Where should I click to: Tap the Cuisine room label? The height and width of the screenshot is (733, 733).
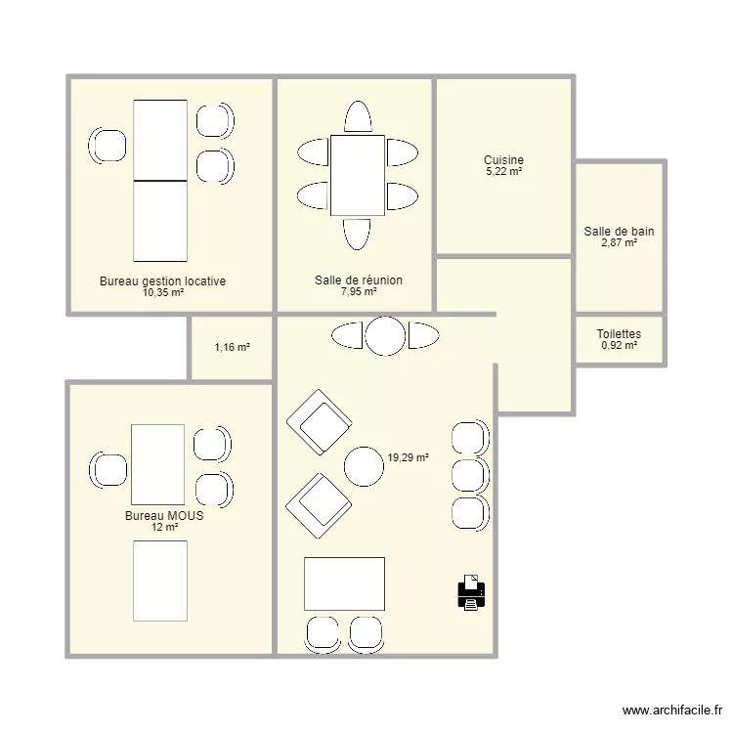pos(503,160)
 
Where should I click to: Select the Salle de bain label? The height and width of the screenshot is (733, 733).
pos(619,232)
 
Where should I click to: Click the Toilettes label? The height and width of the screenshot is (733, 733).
pos(619,334)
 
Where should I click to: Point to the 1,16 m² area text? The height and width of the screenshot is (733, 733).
pos(232,347)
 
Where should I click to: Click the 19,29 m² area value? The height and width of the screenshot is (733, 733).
pos(409,456)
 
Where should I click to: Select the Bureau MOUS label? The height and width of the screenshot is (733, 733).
pos(164,516)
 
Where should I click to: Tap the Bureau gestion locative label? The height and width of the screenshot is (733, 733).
pos(162,281)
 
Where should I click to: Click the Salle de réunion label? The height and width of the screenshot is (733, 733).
pos(358,280)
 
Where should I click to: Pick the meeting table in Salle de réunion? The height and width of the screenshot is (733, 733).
pos(358,175)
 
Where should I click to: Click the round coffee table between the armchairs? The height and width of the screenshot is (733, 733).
pos(365,466)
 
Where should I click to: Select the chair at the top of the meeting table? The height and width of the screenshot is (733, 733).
pos(358,118)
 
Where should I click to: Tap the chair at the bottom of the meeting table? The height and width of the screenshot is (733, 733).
pos(358,234)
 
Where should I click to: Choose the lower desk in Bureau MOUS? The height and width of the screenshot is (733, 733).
pos(159,580)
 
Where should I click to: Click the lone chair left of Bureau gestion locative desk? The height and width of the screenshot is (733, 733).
pos(108,146)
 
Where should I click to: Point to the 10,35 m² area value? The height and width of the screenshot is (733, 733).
pos(162,292)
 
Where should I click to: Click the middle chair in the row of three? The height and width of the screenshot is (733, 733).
pos(470,474)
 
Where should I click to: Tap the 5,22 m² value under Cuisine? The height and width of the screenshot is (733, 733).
pos(503,172)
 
